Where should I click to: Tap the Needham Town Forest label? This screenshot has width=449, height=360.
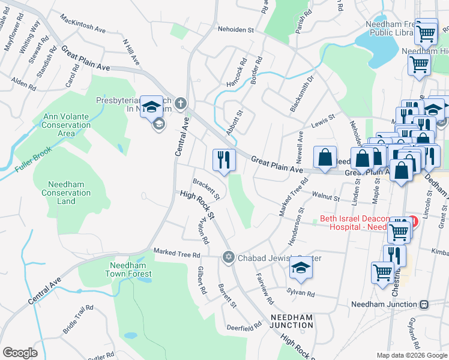tap(130, 269)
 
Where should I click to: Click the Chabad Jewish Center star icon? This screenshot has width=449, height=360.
tap(228, 258)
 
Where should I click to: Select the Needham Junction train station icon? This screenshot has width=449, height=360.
tap(424, 304)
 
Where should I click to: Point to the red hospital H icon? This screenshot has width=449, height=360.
tap(412, 220)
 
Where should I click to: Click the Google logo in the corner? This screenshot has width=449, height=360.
tap(20, 352)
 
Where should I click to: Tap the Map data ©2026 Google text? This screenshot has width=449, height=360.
tap(412, 355)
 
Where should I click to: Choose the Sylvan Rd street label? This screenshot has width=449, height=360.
tap(301, 293)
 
